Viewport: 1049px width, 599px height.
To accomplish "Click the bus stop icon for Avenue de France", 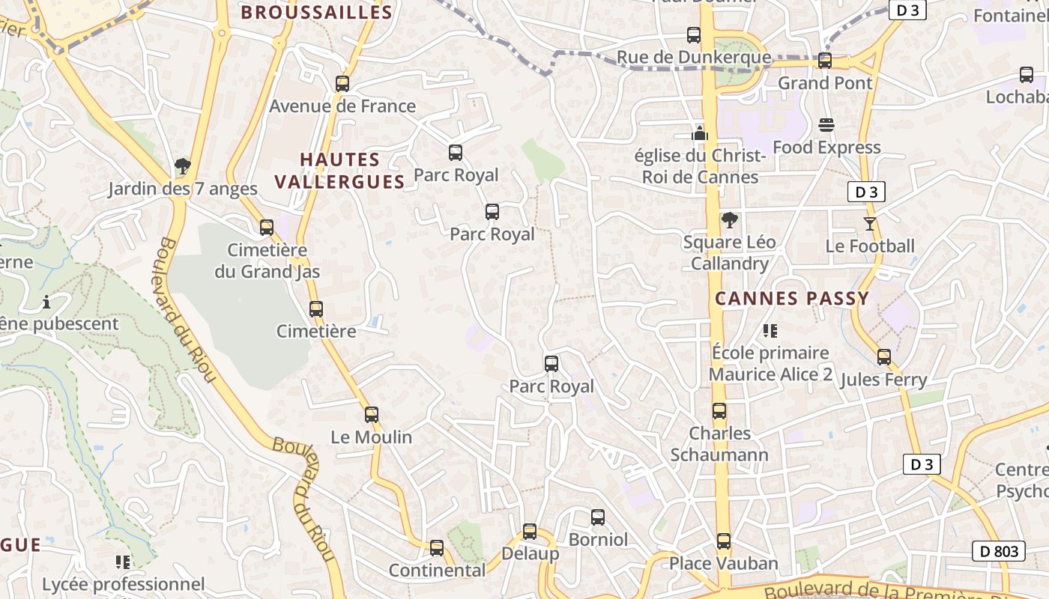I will pos(342,84).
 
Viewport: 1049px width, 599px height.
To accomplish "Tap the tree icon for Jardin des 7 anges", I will pos(182,166).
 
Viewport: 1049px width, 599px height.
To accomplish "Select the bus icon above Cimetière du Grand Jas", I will pos(267,228).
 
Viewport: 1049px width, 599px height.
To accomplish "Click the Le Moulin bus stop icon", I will pos(372,415).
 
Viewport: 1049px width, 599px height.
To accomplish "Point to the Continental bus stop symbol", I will pos(437,548).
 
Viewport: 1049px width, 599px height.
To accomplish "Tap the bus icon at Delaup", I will pos(530,532).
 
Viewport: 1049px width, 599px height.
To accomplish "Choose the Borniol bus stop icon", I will pos(597,517).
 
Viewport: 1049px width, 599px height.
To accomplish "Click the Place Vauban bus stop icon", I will pos(723,541).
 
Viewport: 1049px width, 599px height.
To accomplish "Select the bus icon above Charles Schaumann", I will pos(719,411).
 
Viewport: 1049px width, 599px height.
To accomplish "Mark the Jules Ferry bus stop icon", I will pos(884,357).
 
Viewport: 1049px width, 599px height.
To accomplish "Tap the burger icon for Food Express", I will pos(826,125).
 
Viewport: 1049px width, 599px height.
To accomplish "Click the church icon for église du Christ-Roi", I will pos(700,133).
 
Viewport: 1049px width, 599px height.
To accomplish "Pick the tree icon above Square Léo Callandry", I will pos(729,220).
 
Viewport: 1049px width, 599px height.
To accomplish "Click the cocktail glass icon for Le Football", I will pos(870,224).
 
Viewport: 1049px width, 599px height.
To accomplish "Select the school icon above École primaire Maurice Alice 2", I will pos(770,330).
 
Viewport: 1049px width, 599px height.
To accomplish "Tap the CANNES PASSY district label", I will pos(792,298).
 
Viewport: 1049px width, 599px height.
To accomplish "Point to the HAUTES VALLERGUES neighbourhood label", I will pos(340,171).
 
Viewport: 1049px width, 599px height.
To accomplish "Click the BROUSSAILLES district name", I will pos(316,12).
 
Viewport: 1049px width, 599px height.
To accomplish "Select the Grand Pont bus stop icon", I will pos(825,61).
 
